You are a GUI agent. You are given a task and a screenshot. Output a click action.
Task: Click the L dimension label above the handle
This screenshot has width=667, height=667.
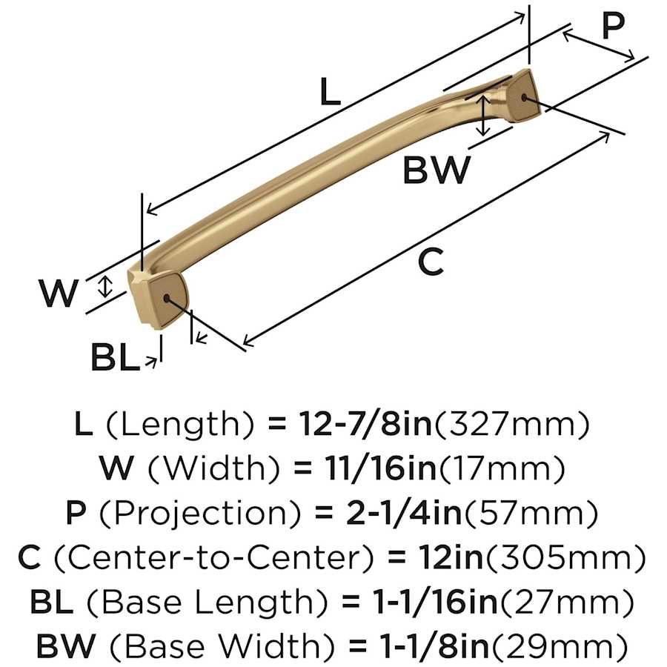click(x=330, y=93)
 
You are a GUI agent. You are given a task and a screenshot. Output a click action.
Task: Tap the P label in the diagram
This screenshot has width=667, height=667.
click(x=614, y=26)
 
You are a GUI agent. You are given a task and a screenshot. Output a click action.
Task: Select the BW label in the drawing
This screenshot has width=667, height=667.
click(x=437, y=170)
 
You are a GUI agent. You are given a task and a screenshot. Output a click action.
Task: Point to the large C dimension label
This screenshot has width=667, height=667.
click(x=431, y=262)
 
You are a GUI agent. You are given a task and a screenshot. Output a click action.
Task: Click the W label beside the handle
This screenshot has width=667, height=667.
click(x=59, y=293)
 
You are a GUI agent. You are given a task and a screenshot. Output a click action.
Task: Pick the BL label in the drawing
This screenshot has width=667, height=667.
click(x=116, y=359)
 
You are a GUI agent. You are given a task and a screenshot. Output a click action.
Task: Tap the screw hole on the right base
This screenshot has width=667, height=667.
click(x=526, y=97)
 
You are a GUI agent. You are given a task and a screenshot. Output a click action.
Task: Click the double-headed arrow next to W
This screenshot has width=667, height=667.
click(x=106, y=287)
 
